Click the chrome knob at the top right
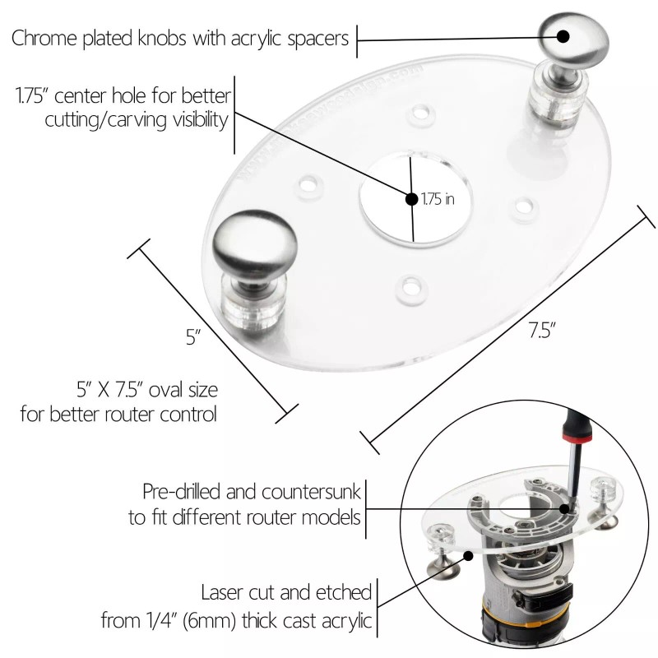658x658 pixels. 568,39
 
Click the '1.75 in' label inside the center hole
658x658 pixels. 438,199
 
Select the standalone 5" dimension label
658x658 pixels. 192,337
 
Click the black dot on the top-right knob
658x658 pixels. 564,35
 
